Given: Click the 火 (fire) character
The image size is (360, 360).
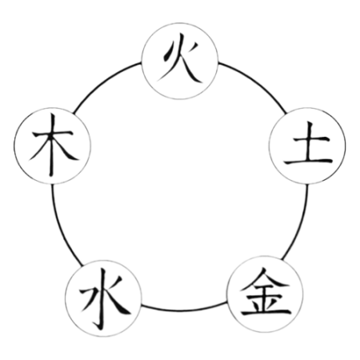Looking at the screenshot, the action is pyautogui.click(x=180, y=58).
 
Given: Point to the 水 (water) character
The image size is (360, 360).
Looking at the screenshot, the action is pyautogui.click(x=104, y=298).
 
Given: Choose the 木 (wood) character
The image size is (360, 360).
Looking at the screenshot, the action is pyautogui.click(x=53, y=146).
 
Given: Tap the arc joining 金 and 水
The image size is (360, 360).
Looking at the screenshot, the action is pyautogui.click(x=184, y=310).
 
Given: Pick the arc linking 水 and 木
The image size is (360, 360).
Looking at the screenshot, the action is pyautogui.click(x=62, y=226).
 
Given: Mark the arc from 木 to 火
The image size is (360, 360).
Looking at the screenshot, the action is pyautogui.click(x=104, y=82).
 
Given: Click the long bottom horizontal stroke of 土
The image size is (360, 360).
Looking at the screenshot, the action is pyautogui.click(x=308, y=161).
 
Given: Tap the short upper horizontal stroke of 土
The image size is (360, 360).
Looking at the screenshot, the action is pyautogui.click(x=310, y=139).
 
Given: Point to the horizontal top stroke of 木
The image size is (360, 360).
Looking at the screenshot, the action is pyautogui.click(x=53, y=134).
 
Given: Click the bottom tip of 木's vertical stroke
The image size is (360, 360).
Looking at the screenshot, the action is pyautogui.click(x=51, y=176).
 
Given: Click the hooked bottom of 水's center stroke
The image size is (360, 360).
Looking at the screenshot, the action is pyautogui.click(x=98, y=326).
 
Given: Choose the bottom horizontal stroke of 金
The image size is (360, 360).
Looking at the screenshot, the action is pyautogui.click(x=266, y=311).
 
